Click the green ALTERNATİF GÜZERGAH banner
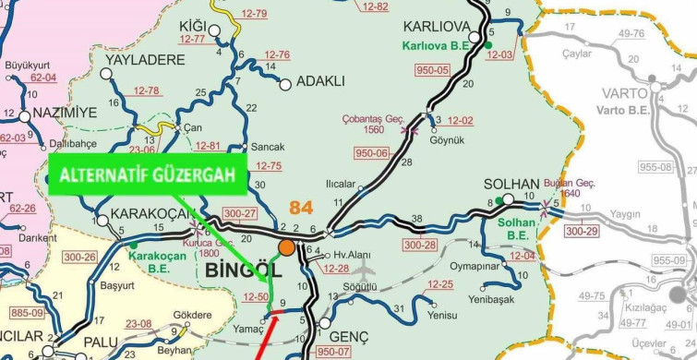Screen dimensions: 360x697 (x=145, y=175)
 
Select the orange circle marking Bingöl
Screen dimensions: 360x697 (x=286, y=247)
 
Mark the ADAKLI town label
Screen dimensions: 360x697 (x=319, y=81)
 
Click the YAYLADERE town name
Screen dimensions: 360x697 (x=145, y=61)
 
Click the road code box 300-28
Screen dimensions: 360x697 (x=419, y=245)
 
